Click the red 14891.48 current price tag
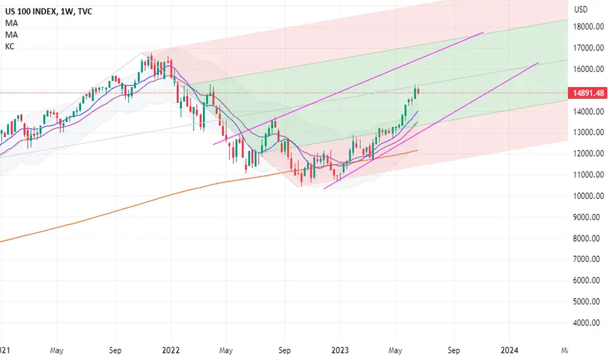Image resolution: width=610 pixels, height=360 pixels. (x=588, y=93)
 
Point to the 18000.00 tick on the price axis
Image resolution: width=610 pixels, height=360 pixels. (x=588, y=26)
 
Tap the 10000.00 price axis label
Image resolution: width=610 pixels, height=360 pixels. (x=588, y=196)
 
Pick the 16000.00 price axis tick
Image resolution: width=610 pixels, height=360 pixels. (x=588, y=69)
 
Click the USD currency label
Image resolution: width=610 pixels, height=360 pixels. (x=581, y=9)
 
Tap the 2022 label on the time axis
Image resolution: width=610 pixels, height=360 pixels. (x=171, y=350)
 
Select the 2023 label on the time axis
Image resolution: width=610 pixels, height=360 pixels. (x=340, y=350)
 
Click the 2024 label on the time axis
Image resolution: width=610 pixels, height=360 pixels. (x=509, y=350)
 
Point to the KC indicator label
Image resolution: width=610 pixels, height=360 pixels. (x=10, y=46)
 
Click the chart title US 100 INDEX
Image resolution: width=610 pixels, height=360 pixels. (x=31, y=12)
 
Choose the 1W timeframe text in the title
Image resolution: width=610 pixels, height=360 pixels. (x=67, y=12)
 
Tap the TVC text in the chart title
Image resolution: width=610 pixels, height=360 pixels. (x=85, y=12)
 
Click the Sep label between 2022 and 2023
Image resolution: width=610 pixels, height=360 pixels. (x=284, y=350)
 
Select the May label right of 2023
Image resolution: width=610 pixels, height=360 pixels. (x=395, y=350)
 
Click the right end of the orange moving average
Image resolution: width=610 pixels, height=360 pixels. (x=418, y=151)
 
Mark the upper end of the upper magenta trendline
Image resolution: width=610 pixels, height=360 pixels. (x=483, y=32)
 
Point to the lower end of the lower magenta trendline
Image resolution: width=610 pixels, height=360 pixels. (x=324, y=189)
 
